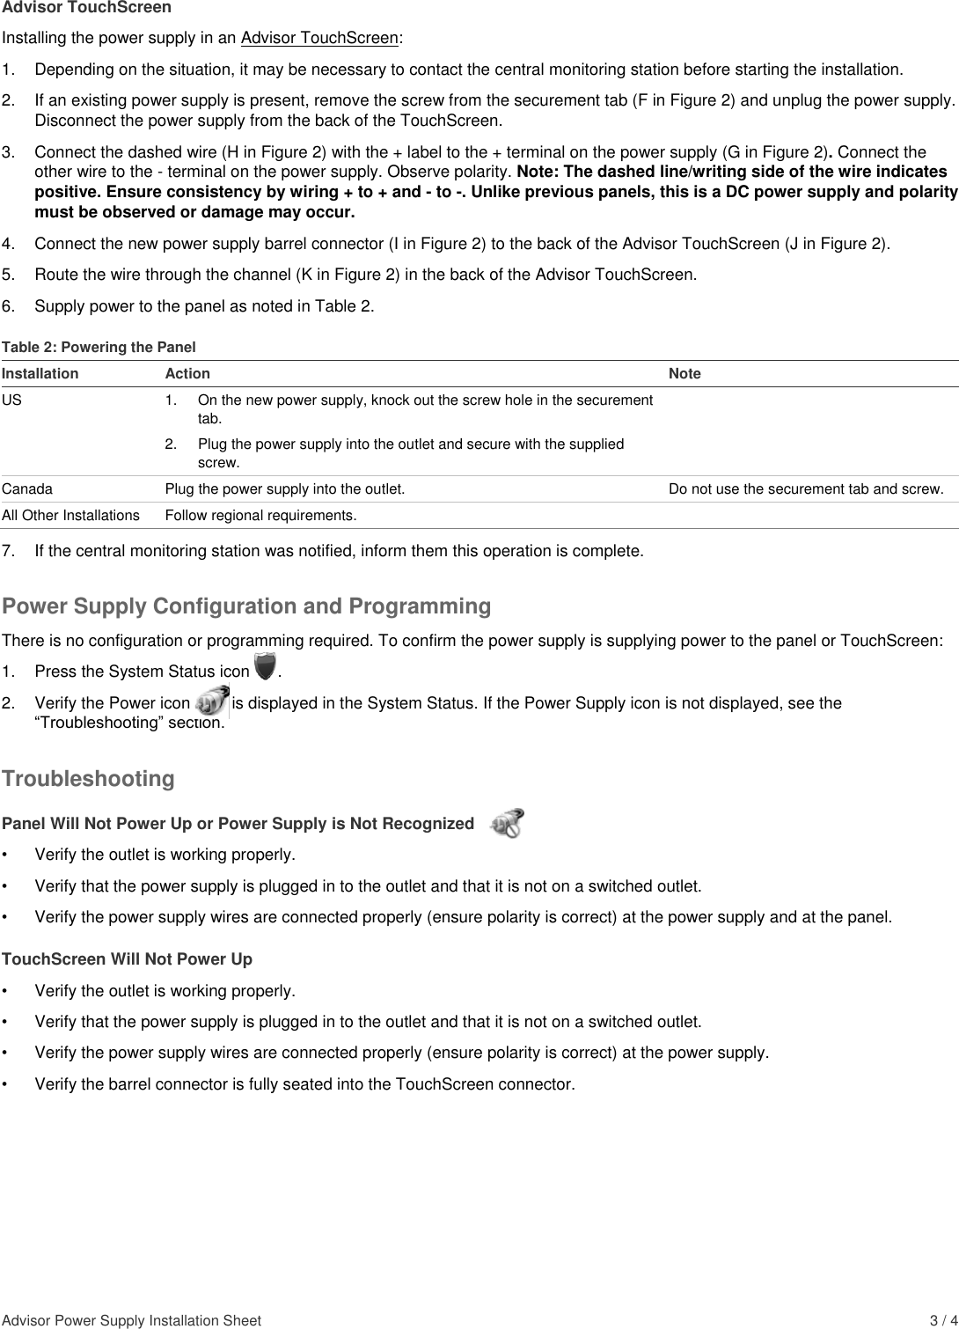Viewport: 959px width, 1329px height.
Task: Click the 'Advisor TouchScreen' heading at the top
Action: point(86,8)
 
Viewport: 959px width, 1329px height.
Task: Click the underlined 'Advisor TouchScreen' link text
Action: point(319,38)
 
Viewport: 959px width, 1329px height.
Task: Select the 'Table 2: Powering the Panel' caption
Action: point(99,347)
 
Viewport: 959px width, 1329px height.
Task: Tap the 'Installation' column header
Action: point(40,373)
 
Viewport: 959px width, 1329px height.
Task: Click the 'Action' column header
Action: point(187,373)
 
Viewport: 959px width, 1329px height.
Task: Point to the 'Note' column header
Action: point(684,373)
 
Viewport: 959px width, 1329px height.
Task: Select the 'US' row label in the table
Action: point(11,400)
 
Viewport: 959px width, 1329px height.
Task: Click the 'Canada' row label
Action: point(27,488)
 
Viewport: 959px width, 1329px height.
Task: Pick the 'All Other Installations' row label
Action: point(70,515)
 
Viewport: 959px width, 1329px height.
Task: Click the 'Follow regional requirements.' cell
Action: point(260,515)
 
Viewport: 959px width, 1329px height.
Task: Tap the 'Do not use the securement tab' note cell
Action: point(806,488)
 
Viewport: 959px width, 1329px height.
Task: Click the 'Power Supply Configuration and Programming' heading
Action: point(246,606)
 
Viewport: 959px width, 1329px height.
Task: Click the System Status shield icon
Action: point(264,668)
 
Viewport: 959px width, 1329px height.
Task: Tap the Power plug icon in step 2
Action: point(211,703)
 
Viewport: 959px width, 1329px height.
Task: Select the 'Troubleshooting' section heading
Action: point(88,779)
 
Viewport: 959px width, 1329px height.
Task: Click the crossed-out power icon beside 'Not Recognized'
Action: point(508,823)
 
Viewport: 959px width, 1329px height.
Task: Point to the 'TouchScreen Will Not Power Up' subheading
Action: point(127,958)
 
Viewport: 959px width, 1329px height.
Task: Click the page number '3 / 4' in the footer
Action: point(943,1320)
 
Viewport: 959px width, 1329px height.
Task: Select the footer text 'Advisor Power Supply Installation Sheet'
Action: point(131,1320)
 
